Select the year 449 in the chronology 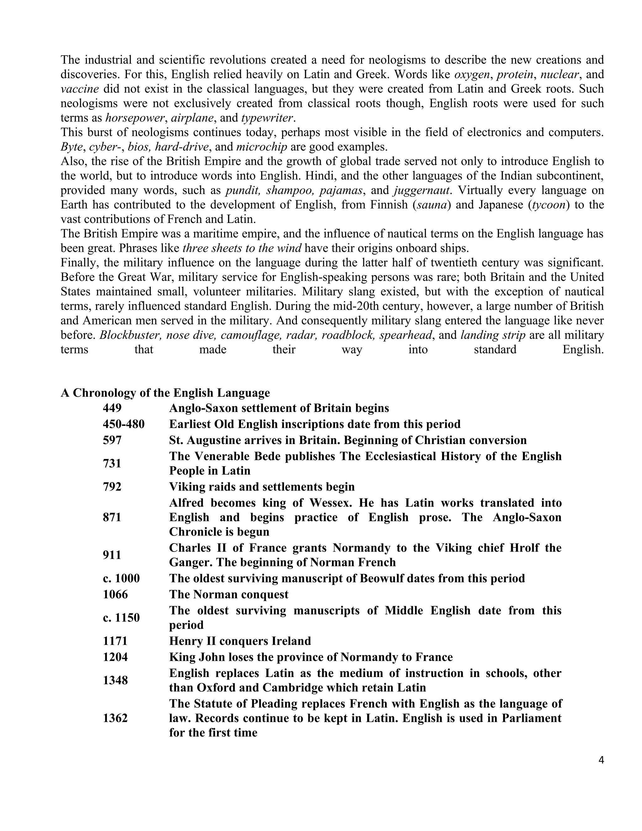[x=112, y=408]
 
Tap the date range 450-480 [x=124, y=424]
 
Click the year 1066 [x=115, y=595]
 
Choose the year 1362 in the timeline [x=115, y=718]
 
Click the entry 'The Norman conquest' [x=229, y=595]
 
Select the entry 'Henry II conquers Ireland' [x=240, y=641]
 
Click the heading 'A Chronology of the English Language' [x=165, y=393]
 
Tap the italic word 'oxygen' [x=471, y=75]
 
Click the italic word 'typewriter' [x=267, y=118]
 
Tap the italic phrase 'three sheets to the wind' [x=242, y=248]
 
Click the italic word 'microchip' [x=261, y=147]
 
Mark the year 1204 [x=115, y=657]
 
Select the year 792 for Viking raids [x=112, y=487]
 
